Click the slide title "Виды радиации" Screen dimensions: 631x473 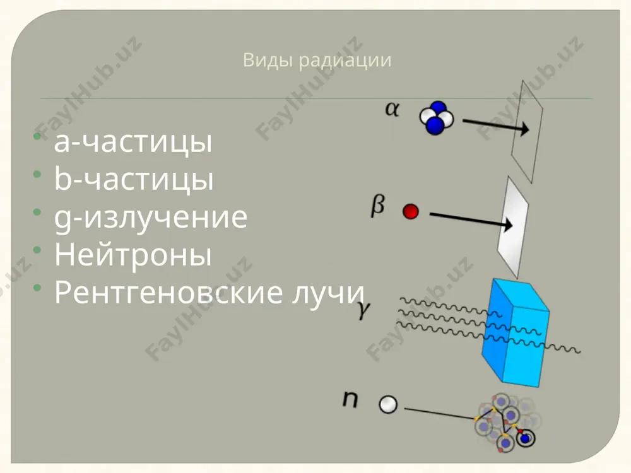317,61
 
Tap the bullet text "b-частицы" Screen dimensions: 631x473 134,178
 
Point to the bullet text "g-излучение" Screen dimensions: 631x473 151,217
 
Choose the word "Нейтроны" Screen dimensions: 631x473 133,254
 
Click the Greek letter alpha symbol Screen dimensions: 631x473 392,108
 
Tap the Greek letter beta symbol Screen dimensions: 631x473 377,206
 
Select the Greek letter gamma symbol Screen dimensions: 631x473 363,310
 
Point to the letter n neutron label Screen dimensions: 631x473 350,399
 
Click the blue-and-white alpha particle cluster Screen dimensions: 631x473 436,117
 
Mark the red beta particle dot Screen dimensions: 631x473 411,211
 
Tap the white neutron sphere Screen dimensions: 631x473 388,404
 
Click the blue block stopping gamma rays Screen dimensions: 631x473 516,332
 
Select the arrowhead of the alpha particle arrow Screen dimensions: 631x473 524,129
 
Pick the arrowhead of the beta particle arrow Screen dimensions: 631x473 508,225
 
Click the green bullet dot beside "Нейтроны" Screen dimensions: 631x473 37,250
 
